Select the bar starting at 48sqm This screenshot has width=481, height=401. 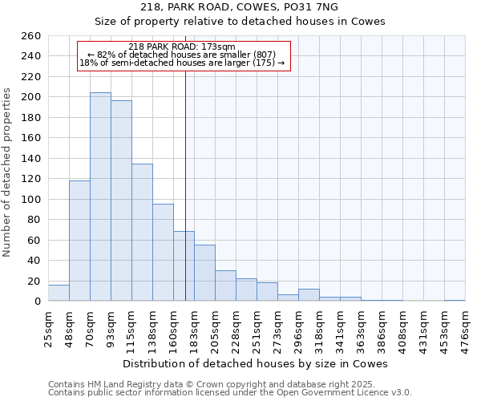79,241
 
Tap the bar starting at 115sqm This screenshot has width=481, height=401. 142,233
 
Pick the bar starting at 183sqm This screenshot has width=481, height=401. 204,273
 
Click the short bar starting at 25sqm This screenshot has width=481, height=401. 59,293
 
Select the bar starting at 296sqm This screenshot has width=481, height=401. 309,295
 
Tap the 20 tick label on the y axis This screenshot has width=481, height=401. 35,281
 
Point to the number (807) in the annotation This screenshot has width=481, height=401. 265,55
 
